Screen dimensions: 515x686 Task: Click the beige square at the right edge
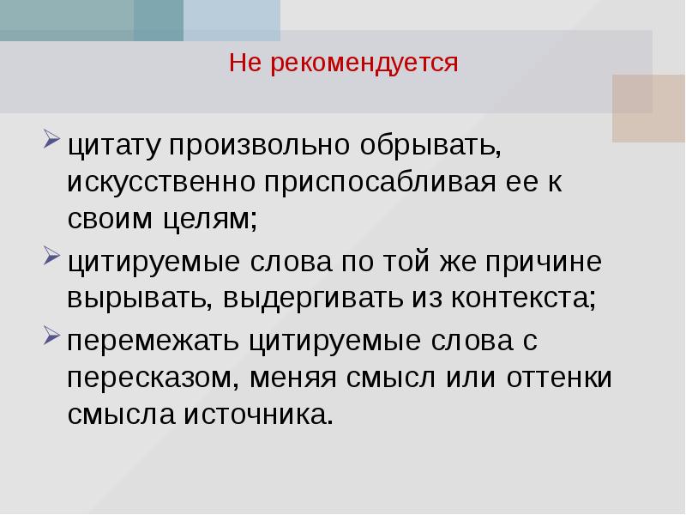(648, 107)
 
